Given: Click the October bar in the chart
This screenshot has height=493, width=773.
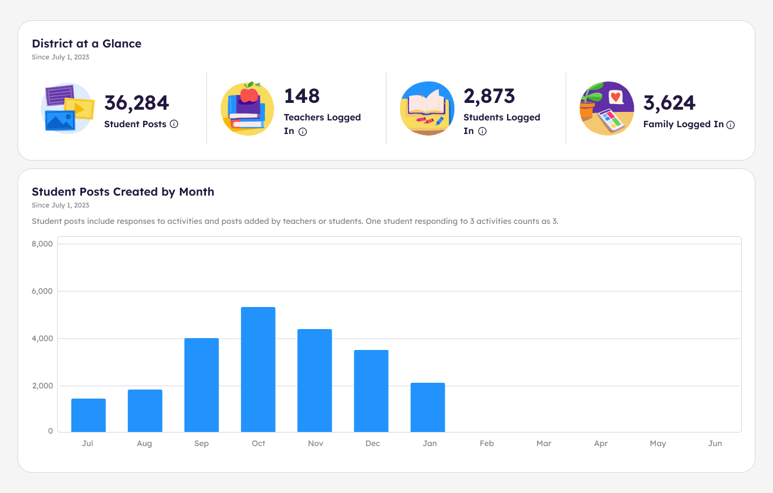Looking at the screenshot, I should click(258, 370).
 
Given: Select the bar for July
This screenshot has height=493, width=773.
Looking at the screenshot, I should click(88, 416).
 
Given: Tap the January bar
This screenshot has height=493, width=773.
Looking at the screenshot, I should click(428, 408).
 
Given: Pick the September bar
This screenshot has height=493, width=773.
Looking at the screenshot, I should click(201, 385).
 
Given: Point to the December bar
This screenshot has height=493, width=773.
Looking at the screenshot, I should click(371, 391).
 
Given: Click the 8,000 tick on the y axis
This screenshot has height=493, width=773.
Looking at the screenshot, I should click(42, 244).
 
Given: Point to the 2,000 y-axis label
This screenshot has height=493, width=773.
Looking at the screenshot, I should click(42, 386).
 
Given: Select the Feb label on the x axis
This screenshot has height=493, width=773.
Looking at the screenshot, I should click(487, 443).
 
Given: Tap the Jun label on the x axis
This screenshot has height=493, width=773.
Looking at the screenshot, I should click(715, 443).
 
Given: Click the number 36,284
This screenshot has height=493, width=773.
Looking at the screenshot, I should click(136, 103).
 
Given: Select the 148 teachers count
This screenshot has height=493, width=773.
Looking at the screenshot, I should click(302, 96).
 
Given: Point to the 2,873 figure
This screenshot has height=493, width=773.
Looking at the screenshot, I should click(489, 96).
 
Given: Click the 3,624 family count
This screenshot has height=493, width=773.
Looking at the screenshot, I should click(669, 103).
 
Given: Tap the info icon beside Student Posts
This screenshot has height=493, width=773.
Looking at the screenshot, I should click(174, 124).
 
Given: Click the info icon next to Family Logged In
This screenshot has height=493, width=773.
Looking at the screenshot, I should click(731, 125).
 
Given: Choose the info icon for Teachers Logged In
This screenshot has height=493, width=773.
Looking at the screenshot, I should click(303, 132).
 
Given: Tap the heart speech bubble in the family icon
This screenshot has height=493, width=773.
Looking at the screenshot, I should click(616, 97).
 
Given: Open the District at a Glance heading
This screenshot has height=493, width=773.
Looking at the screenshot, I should click(87, 44).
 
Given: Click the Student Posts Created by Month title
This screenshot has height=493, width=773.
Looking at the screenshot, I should click(123, 192).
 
